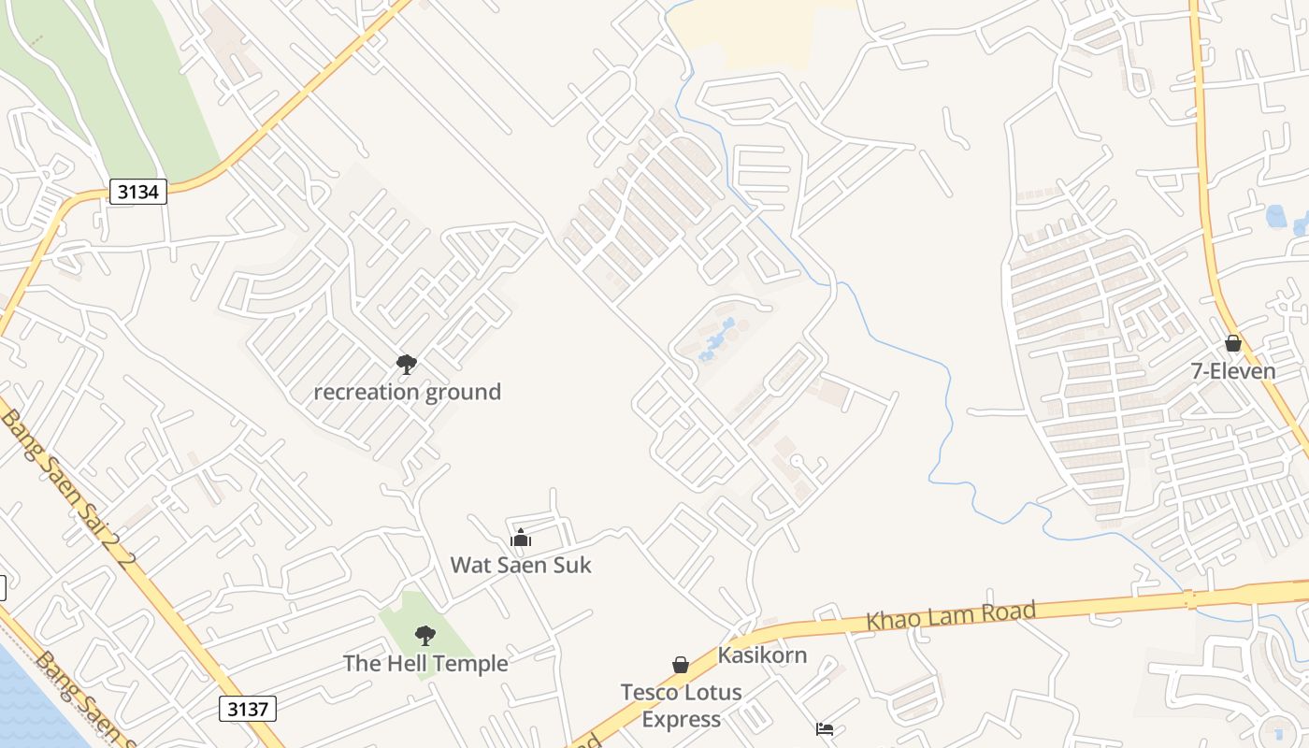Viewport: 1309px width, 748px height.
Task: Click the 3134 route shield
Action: coord(138,193)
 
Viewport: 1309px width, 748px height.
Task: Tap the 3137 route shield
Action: coord(248,709)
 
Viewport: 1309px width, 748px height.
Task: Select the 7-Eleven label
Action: coord(1233,371)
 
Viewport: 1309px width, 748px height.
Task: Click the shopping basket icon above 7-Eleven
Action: coord(1233,343)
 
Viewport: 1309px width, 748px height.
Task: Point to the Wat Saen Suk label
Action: coord(521,565)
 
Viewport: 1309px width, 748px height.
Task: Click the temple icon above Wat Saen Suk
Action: coord(521,538)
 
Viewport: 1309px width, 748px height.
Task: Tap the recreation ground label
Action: coord(407,392)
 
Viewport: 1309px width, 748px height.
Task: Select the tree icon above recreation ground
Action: coord(406,364)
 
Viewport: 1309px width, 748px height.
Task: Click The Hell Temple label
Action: coord(425,664)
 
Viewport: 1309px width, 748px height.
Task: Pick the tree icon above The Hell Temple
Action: coord(425,636)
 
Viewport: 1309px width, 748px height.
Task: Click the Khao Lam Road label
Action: coord(951,616)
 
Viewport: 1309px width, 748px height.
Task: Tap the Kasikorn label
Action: coord(762,655)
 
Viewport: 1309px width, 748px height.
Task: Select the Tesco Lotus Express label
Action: coord(682,706)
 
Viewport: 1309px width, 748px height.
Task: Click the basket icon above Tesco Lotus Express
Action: coord(681,665)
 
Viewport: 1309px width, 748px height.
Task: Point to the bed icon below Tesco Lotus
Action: coord(825,729)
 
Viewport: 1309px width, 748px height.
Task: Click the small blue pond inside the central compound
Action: coord(715,338)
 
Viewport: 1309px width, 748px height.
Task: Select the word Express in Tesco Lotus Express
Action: coord(682,720)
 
